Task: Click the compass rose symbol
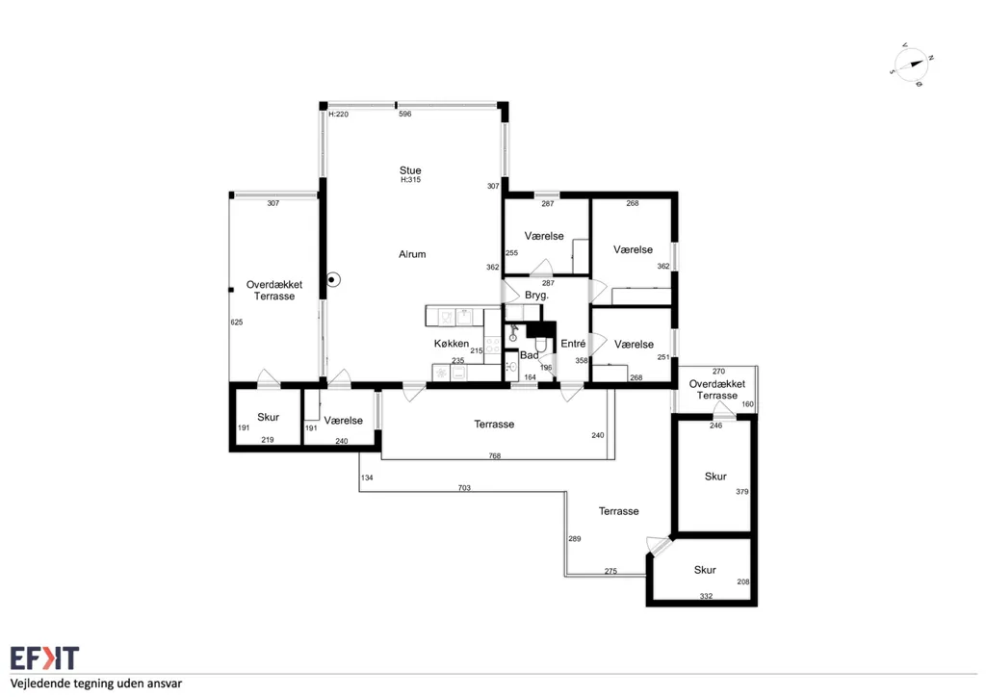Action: pos(912,65)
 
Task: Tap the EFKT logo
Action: pos(44,658)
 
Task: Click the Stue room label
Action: pos(410,170)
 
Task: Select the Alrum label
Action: pos(412,254)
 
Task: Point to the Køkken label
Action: pos(451,343)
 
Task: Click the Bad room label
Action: pos(529,355)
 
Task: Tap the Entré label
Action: pos(573,343)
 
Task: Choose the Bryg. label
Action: pos(536,295)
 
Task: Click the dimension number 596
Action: pos(405,114)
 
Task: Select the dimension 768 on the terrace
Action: pos(495,455)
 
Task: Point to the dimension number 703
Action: pos(464,488)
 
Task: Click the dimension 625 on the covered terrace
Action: pos(237,322)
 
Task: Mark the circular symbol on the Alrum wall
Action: pos(332,280)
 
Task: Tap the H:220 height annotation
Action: pos(338,114)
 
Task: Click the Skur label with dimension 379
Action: pos(715,477)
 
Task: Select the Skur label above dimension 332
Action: pos(705,570)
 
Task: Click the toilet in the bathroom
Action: pos(540,345)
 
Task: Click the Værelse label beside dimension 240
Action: pos(344,421)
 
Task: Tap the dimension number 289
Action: pos(575,538)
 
